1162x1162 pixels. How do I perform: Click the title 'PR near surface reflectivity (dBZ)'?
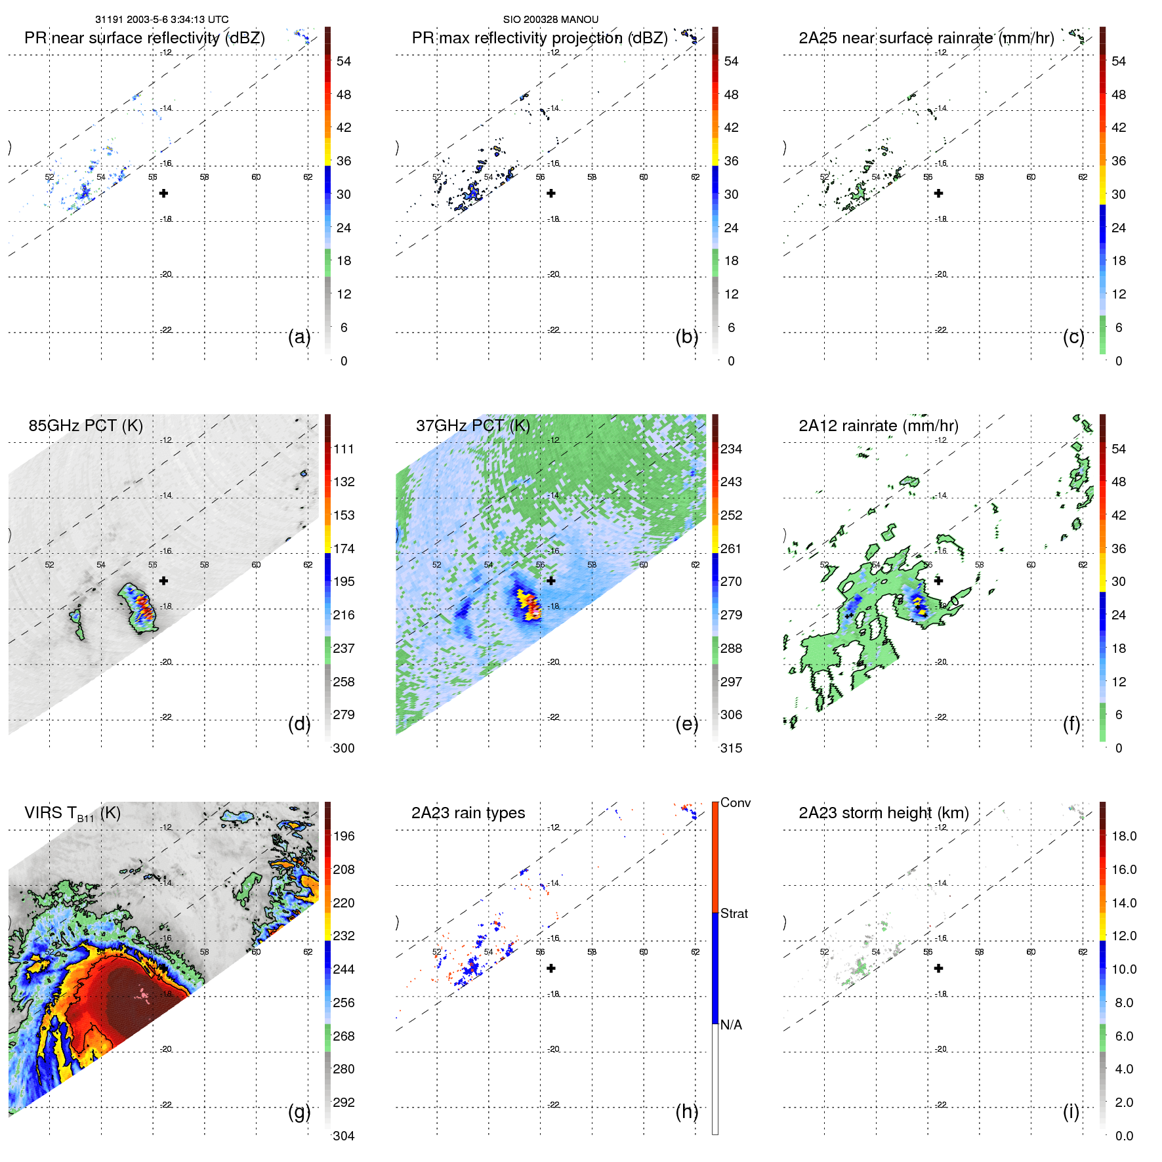(x=144, y=38)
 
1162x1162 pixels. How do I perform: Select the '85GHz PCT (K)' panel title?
(x=85, y=426)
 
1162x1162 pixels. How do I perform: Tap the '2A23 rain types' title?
(x=468, y=813)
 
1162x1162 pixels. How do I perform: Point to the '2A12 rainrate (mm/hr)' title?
(x=878, y=426)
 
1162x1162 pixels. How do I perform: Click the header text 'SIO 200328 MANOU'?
(x=550, y=20)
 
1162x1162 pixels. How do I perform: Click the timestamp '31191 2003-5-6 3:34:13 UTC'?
(x=162, y=20)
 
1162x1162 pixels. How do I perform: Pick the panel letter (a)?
(x=299, y=337)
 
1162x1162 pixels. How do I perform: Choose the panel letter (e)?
(x=686, y=724)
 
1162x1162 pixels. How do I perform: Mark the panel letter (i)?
(x=1071, y=1111)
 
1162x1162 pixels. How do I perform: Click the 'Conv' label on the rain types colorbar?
(x=735, y=802)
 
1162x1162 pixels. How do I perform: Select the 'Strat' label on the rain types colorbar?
(x=734, y=913)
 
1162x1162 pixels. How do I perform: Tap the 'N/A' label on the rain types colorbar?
(x=731, y=1025)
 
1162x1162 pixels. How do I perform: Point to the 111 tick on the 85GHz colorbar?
(x=344, y=449)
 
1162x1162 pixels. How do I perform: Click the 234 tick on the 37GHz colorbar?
(x=731, y=449)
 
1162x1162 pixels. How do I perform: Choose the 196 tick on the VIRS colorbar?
(x=344, y=836)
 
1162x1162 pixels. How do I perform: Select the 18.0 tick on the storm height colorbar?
(x=1123, y=836)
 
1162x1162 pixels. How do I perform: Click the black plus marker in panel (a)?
(x=164, y=193)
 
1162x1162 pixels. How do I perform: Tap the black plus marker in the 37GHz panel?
(x=551, y=581)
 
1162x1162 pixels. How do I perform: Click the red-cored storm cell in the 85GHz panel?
(x=143, y=608)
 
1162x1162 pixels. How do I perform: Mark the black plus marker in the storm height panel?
(x=939, y=968)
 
